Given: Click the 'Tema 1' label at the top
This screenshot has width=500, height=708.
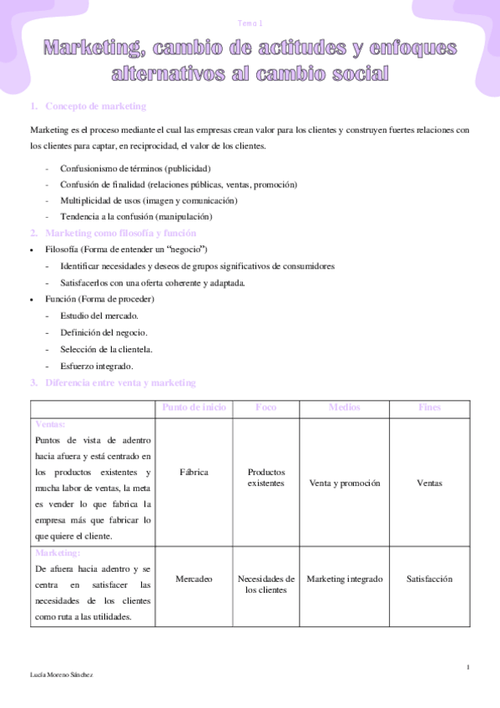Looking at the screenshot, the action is pyautogui.click(x=250, y=23).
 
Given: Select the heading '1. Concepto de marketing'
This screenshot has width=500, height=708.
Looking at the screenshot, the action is pyautogui.click(x=88, y=106).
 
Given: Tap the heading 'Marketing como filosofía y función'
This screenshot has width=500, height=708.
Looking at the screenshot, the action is pyautogui.click(x=120, y=233).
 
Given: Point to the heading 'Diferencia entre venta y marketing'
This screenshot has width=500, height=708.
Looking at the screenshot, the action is pyautogui.click(x=120, y=382).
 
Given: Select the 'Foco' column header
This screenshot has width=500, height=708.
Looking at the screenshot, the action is pyautogui.click(x=266, y=407).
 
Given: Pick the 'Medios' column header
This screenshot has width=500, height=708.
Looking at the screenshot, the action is pyautogui.click(x=344, y=407).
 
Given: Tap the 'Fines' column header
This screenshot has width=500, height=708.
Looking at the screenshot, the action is pyautogui.click(x=429, y=407).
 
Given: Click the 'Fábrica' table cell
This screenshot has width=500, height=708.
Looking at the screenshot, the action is pyautogui.click(x=194, y=472).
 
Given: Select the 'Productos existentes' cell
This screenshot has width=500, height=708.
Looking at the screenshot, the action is pyautogui.click(x=266, y=477).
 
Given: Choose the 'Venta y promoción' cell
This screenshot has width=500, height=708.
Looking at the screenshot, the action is pyautogui.click(x=344, y=483).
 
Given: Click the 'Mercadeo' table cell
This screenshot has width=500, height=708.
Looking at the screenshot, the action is pyautogui.click(x=194, y=578).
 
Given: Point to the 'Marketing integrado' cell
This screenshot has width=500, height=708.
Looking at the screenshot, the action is pyautogui.click(x=344, y=578).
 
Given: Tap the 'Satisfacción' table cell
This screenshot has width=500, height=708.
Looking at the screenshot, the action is pyautogui.click(x=429, y=578).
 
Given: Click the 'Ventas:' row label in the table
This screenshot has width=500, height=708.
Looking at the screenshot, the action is pyautogui.click(x=49, y=423).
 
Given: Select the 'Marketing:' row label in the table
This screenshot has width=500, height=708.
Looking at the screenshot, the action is pyautogui.click(x=57, y=553).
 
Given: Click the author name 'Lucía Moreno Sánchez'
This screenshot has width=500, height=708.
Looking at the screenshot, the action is pyautogui.click(x=61, y=674).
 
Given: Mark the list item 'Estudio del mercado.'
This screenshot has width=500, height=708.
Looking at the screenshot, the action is pyautogui.click(x=99, y=316).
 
